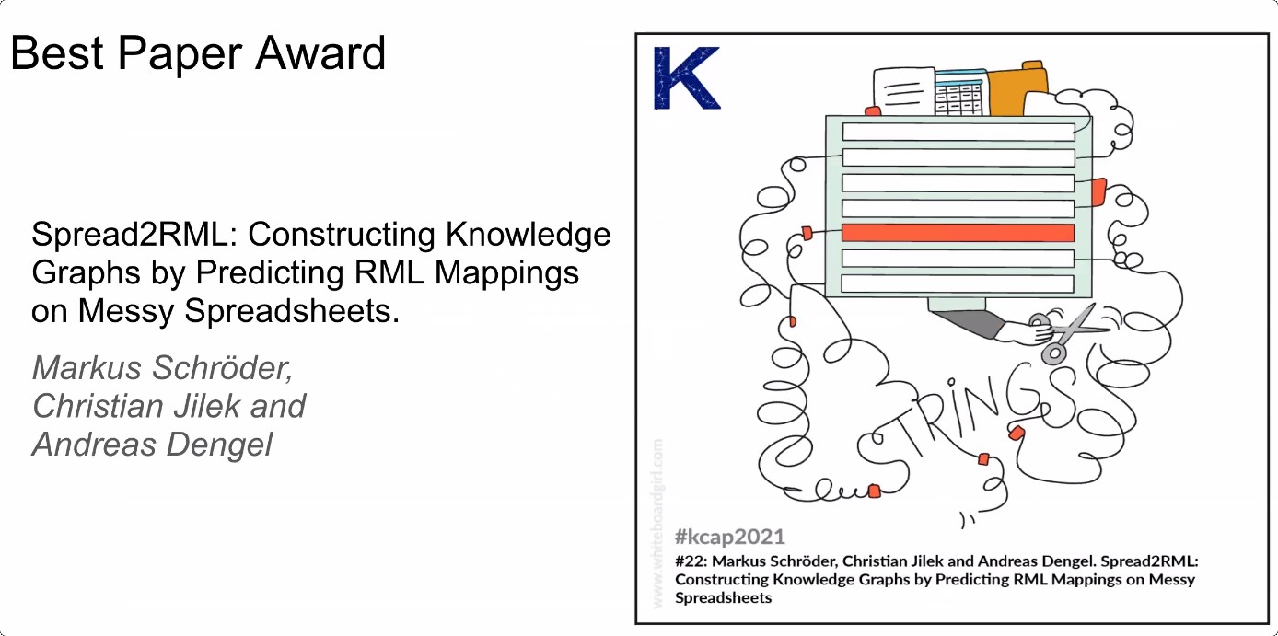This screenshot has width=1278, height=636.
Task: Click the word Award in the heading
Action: pyautogui.click(x=320, y=53)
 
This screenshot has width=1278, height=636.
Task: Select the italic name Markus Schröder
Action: pyautogui.click(x=163, y=368)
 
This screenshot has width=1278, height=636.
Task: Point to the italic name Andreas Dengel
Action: pyautogui.click(x=152, y=445)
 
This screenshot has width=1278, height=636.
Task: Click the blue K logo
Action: pyautogui.click(x=687, y=77)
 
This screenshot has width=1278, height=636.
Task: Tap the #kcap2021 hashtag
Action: pyautogui.click(x=730, y=537)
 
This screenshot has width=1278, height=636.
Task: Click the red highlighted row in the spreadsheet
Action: pyautogui.click(x=958, y=233)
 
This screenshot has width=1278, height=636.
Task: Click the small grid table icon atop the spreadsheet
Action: pyautogui.click(x=960, y=94)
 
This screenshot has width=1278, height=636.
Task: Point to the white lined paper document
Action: pyautogui.click(x=904, y=91)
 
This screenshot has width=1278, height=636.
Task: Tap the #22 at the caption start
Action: pyautogui.click(x=691, y=561)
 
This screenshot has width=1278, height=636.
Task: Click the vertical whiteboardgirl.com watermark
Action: pyautogui.click(x=657, y=523)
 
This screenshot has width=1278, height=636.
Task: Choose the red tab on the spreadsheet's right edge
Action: pyautogui.click(x=1098, y=192)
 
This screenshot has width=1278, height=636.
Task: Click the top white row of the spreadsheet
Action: pyautogui.click(x=958, y=132)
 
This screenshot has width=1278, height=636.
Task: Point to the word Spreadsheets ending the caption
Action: pyautogui.click(x=723, y=597)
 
